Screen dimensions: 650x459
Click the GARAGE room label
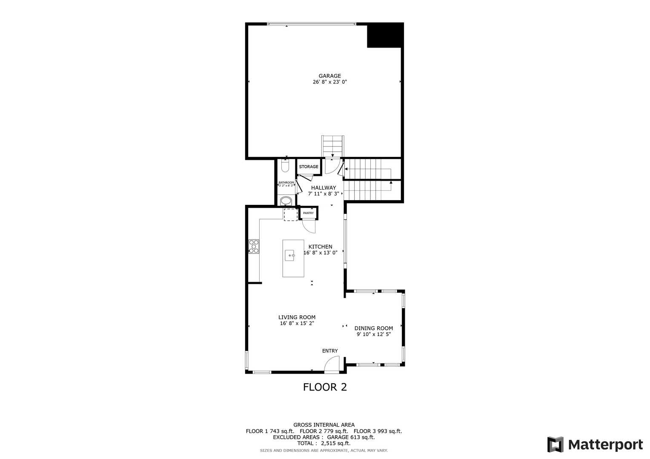pos(329,76)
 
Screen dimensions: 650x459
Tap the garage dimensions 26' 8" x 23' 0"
pos(329,82)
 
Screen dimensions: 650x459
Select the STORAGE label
pos(309,167)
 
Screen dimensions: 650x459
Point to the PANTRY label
pos(309,213)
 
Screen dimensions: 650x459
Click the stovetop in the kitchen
pos(254,246)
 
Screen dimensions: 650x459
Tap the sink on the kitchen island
pos(289,255)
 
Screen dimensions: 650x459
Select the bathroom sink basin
pos(286,201)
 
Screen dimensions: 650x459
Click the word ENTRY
pos(330,351)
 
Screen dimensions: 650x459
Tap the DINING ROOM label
pos(374,328)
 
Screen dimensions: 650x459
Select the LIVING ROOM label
pos(297,317)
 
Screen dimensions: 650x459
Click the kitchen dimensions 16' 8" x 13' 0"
pos(321,253)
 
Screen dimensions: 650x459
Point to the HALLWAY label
pos(324,188)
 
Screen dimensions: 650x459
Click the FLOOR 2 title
pos(325,387)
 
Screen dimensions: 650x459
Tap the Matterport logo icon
pos(556,445)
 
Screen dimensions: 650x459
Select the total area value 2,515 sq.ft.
pos(336,443)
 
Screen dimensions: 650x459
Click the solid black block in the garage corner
pos(385,35)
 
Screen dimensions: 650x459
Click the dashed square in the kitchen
pos(290,215)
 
